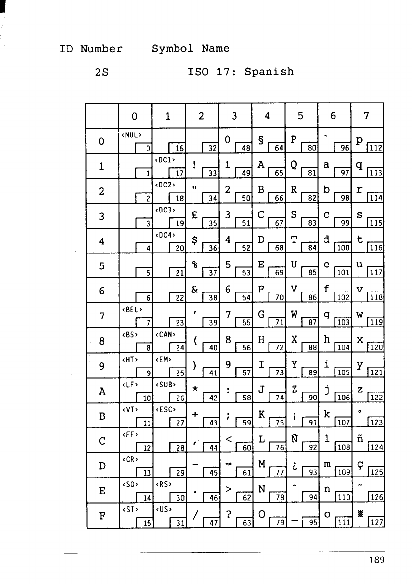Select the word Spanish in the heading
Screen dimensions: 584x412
pos(269,72)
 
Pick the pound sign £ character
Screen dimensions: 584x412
pos(195,214)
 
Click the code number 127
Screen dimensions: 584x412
pos(377,521)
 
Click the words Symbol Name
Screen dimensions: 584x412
pos(191,49)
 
